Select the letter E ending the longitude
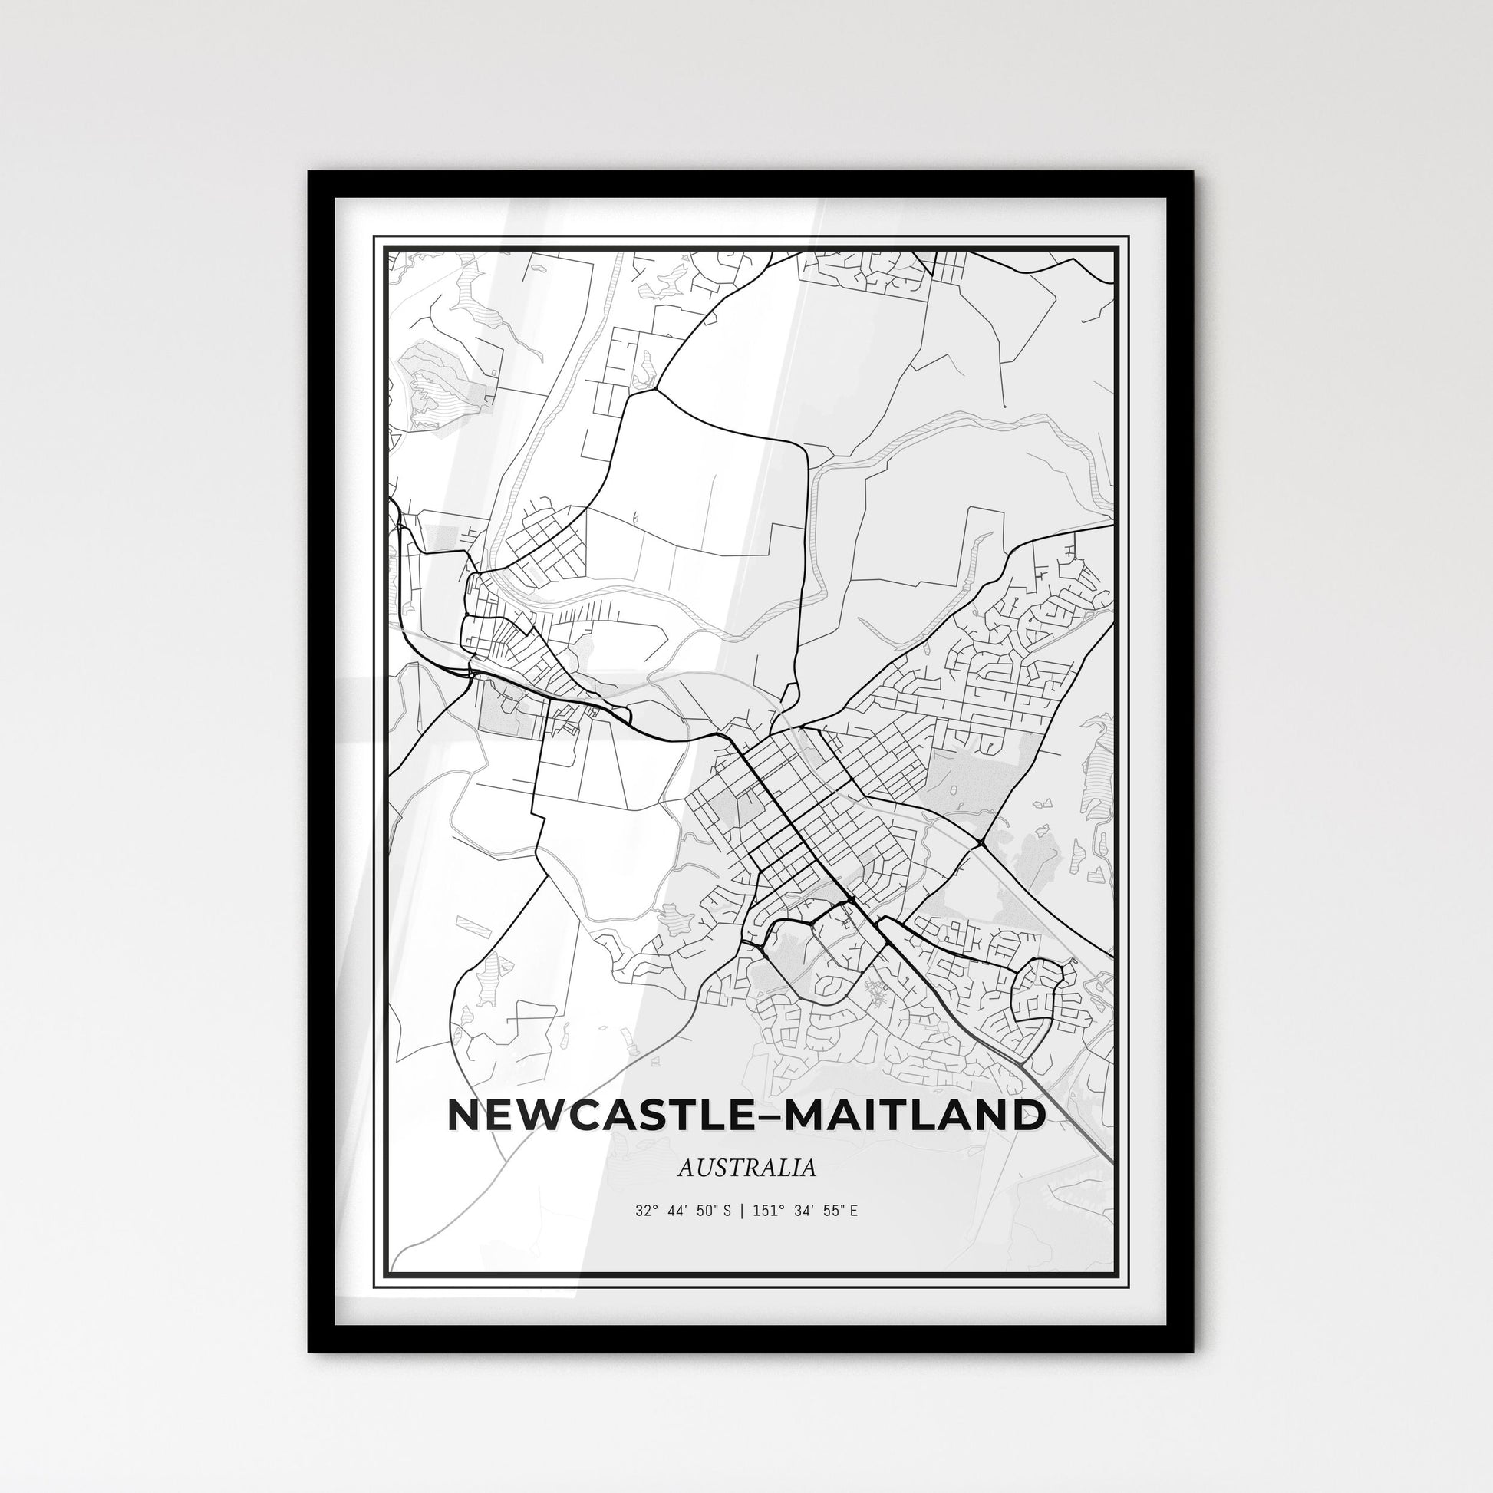click(853, 1233)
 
